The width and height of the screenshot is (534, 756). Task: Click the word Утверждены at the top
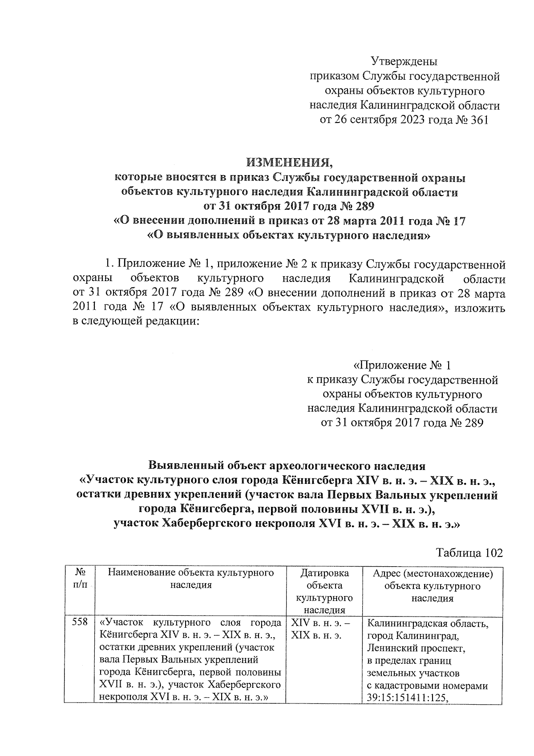pyautogui.click(x=404, y=61)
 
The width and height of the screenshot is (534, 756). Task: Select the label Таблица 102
pyautogui.click(x=469, y=553)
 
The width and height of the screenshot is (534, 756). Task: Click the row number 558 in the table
pyautogui.click(x=80, y=623)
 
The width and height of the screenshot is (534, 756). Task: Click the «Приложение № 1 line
pyautogui.click(x=402, y=366)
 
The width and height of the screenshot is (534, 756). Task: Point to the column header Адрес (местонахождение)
pyautogui.click(x=433, y=573)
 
